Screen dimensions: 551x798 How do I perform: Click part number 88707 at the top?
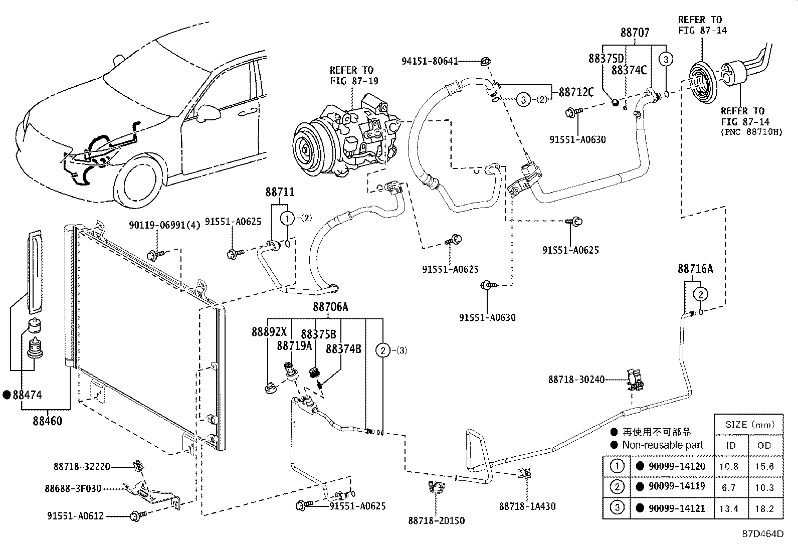pos(635,33)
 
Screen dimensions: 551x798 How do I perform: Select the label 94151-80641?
pos(430,61)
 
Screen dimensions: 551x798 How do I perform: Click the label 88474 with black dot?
pos(27,395)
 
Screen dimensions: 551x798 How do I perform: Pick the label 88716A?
pos(695,269)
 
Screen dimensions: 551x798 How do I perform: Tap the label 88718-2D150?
pos(436,520)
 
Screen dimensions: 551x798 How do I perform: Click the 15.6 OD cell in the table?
pos(764,466)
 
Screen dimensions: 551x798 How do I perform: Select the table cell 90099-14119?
pos(676,486)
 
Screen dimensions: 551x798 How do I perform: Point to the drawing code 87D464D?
pos(763,533)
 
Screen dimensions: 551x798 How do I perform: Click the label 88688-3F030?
pos(73,488)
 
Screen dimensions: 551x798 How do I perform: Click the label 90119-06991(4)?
pos(164,225)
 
